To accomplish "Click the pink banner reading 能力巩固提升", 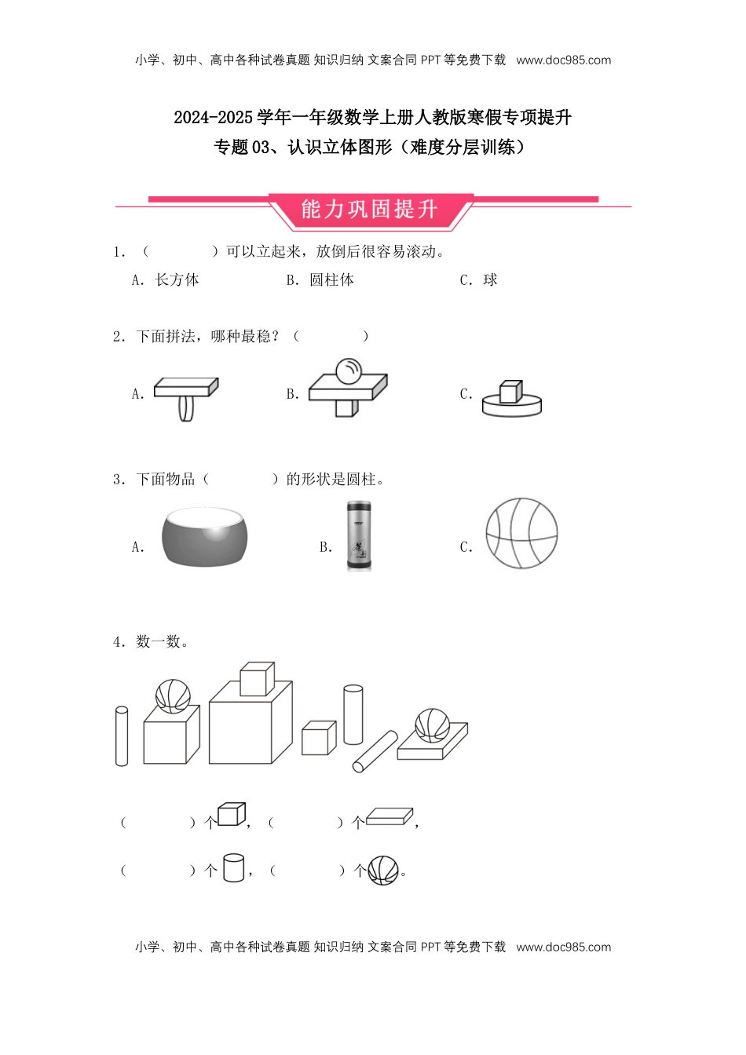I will pos(369,210).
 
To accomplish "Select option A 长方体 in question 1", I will pos(166,280).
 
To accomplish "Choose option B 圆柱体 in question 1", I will pos(320,280).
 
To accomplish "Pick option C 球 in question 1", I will pos(479,280).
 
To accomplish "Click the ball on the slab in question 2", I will pos(348,371).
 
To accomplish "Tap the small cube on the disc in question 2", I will pos(510,391).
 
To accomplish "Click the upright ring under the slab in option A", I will pos(185,408).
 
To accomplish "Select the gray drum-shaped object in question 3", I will pos(204,535).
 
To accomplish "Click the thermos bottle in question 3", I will pos(359,536).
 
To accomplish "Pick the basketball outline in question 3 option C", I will pos(521,533).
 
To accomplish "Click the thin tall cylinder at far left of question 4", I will pos(122,736).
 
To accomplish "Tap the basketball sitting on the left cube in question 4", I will pos(173,695).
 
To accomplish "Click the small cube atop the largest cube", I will pos(257,679).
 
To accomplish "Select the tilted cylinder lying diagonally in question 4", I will pos(375,752).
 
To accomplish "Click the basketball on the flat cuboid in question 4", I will pos(432,725).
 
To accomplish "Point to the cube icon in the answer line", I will pos(232,814).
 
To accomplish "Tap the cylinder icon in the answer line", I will pos(233,867).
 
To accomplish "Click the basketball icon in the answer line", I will pos(383,870).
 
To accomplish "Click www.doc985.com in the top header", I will pos(563,60).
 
